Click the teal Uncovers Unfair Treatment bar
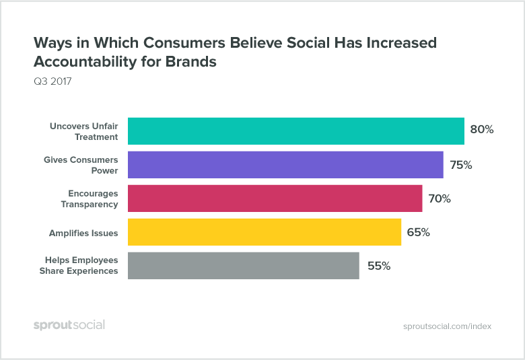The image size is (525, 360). point(296,131)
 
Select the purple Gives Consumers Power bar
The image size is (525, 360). point(285,165)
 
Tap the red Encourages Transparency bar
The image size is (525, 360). point(275,199)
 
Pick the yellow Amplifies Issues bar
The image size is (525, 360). point(265,232)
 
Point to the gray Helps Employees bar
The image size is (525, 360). point(243,265)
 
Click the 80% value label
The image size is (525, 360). point(482,129)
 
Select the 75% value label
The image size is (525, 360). point(460,165)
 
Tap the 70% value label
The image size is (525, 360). point(439,199)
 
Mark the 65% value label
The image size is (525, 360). point(418,232)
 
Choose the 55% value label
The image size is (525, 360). point(379,265)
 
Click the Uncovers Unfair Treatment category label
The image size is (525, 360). point(83,131)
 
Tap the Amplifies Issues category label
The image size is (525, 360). point(83,233)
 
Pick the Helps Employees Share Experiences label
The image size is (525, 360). point(81,265)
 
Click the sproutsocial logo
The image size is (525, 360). point(69,326)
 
